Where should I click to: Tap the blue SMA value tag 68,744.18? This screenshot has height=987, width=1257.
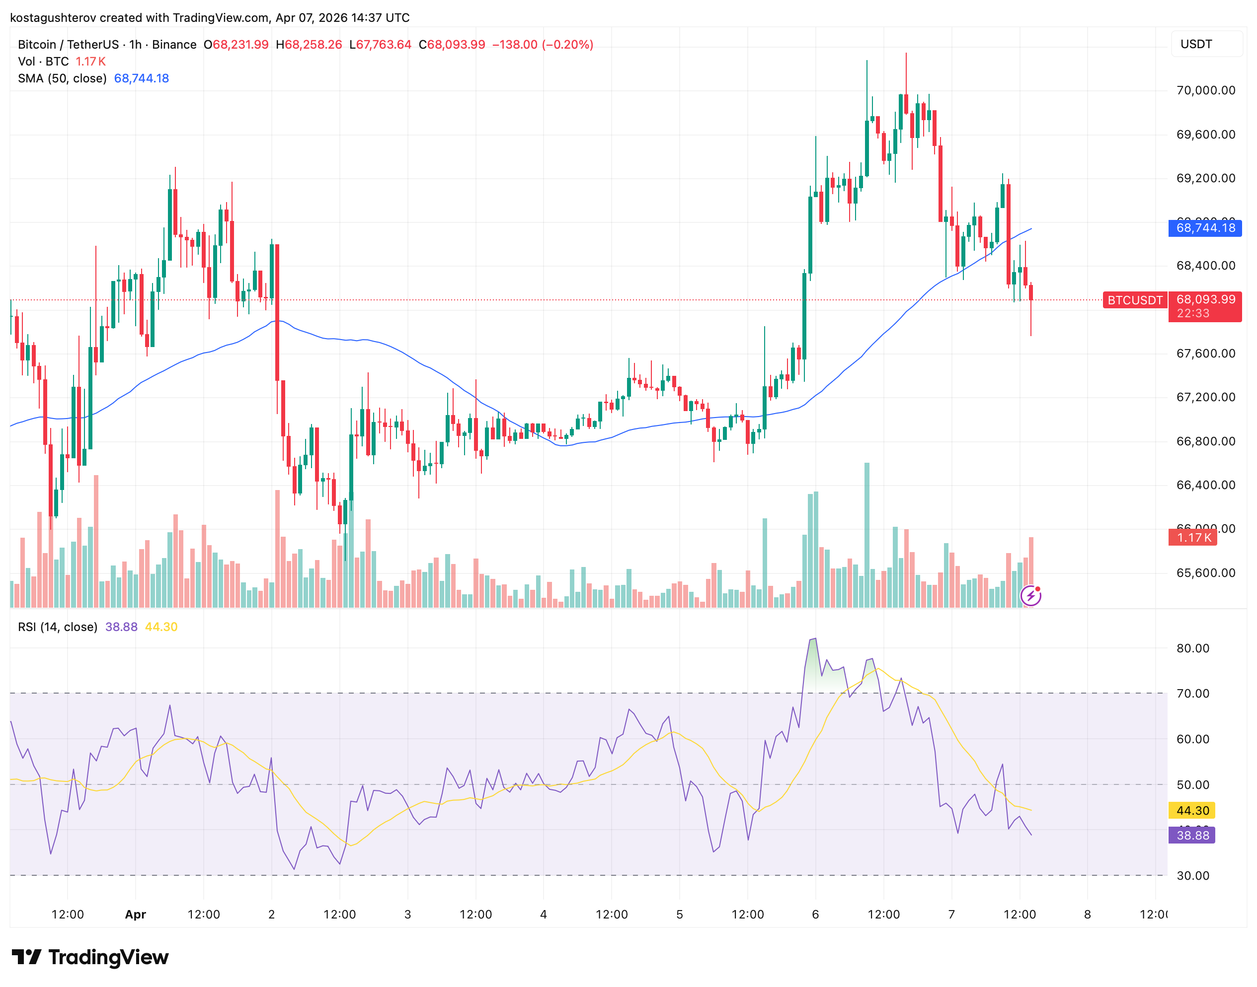[x=1205, y=228]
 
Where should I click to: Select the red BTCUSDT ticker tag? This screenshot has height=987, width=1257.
[x=1134, y=300]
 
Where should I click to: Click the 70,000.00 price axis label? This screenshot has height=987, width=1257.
[x=1205, y=90]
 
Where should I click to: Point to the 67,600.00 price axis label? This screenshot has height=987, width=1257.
[x=1205, y=353]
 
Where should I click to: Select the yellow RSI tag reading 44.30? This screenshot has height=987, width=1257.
[x=1191, y=810]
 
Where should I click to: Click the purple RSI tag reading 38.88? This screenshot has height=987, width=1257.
[x=1191, y=835]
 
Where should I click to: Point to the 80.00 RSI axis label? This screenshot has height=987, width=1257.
[x=1192, y=648]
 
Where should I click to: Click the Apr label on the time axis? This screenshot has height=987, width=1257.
[x=135, y=914]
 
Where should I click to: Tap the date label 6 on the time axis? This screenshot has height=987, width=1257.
[x=815, y=914]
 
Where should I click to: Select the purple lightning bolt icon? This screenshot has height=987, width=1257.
[x=1030, y=596]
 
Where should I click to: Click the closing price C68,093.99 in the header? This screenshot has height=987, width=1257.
[x=452, y=45]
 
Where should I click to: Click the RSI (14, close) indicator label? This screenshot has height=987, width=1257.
[x=57, y=627]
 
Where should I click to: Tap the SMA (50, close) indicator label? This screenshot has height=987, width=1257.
[x=62, y=78]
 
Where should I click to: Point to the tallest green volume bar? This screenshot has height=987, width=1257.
[x=866, y=535]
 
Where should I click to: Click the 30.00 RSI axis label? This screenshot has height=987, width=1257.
[x=1192, y=875]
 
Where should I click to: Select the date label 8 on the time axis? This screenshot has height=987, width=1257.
[x=1087, y=914]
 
